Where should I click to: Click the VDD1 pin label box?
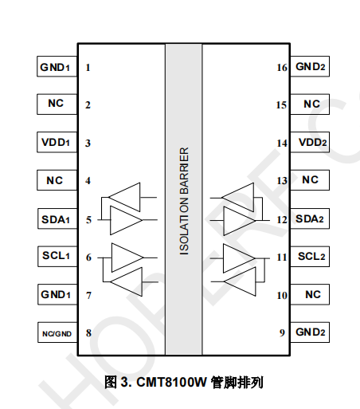57,142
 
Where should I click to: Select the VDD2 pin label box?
310,142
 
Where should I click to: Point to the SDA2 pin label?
310,218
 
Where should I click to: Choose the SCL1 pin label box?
57,257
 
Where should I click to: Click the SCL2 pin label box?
310,257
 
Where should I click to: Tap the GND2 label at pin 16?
310,66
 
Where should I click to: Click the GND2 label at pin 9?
310,332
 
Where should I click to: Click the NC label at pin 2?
57,104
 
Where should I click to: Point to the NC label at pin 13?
310,180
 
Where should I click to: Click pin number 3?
88,144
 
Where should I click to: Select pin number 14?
282,144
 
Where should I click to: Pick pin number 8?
88,333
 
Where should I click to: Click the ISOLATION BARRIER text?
184,202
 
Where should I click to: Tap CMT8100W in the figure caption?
171,383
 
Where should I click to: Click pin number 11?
282,258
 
